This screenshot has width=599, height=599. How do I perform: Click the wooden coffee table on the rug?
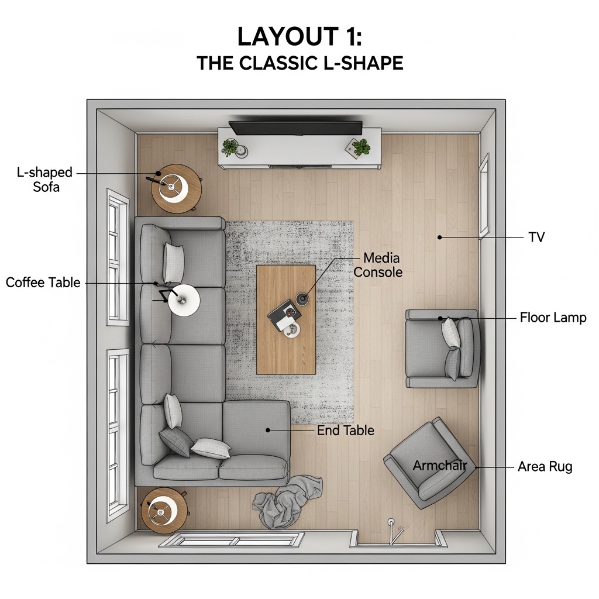(285, 320)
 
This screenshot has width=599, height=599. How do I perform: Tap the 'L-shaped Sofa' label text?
(44, 180)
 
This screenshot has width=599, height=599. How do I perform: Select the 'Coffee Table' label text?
(43, 283)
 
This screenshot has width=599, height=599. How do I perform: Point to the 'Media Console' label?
(378, 265)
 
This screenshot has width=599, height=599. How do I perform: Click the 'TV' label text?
(537, 237)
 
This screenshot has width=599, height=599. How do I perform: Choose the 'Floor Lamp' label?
(553, 318)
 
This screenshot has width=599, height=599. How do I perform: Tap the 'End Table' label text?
(345, 431)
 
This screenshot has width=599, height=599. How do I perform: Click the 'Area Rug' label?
(545, 467)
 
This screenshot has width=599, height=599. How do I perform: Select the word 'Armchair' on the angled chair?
(440, 466)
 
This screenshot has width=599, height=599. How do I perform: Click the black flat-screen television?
(295, 128)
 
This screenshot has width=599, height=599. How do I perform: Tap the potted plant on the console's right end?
(360, 147)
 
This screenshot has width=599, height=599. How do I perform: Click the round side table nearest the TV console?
(176, 189)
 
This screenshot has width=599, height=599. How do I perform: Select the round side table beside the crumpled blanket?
(164, 511)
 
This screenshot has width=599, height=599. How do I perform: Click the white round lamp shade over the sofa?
(184, 300)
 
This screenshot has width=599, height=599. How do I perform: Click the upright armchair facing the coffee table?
(442, 349)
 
